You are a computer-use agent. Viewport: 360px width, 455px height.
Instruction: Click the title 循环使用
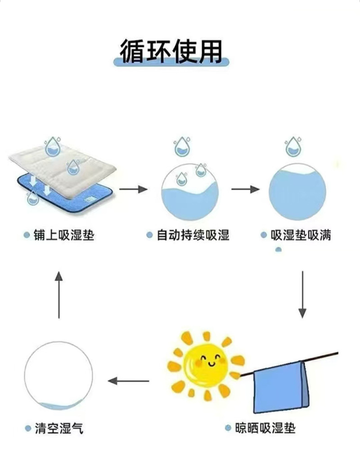(x=171, y=51)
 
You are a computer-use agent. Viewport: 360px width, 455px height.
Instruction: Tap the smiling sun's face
(x=207, y=363)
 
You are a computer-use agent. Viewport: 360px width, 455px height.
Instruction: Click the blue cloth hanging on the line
(x=281, y=387)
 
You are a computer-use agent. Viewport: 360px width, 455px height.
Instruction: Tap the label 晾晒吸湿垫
(x=265, y=427)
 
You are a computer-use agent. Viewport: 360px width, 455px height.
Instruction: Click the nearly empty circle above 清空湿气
(x=58, y=376)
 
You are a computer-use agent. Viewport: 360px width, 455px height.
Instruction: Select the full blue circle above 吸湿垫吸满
(x=297, y=192)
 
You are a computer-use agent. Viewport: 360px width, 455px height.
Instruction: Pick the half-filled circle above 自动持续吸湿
(x=189, y=192)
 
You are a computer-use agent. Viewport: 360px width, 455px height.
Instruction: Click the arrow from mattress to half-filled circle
(x=133, y=189)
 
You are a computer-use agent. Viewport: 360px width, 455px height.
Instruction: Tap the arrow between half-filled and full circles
(x=245, y=189)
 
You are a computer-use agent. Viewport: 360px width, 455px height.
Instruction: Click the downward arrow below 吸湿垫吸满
(x=302, y=294)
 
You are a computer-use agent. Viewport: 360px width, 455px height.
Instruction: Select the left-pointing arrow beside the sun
(x=129, y=381)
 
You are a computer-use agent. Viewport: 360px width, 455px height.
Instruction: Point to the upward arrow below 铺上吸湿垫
(x=59, y=295)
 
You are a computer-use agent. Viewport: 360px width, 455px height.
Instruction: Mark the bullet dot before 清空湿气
(x=28, y=428)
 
